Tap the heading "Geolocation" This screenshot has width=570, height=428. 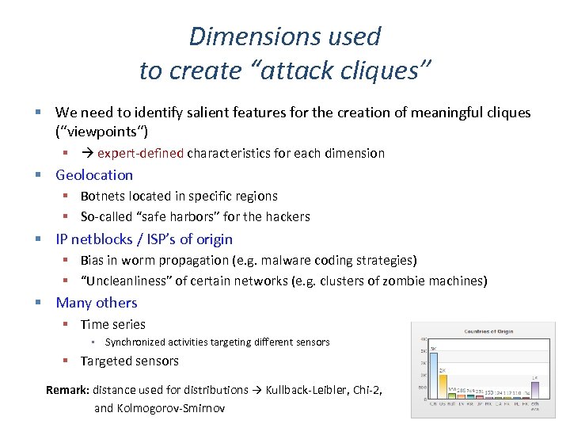(94, 174)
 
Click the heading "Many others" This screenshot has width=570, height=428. (97, 302)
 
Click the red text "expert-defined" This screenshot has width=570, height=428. (140, 153)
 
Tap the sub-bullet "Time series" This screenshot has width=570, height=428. (113, 323)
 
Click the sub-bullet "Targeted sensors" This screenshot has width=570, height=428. (130, 361)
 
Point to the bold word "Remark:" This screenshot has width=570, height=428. (68, 389)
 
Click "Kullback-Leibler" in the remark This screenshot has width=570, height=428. (310, 389)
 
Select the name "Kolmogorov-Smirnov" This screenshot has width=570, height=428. (172, 408)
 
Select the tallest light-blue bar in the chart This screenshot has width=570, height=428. (433, 373)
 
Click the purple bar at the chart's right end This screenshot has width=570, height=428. (534, 389)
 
